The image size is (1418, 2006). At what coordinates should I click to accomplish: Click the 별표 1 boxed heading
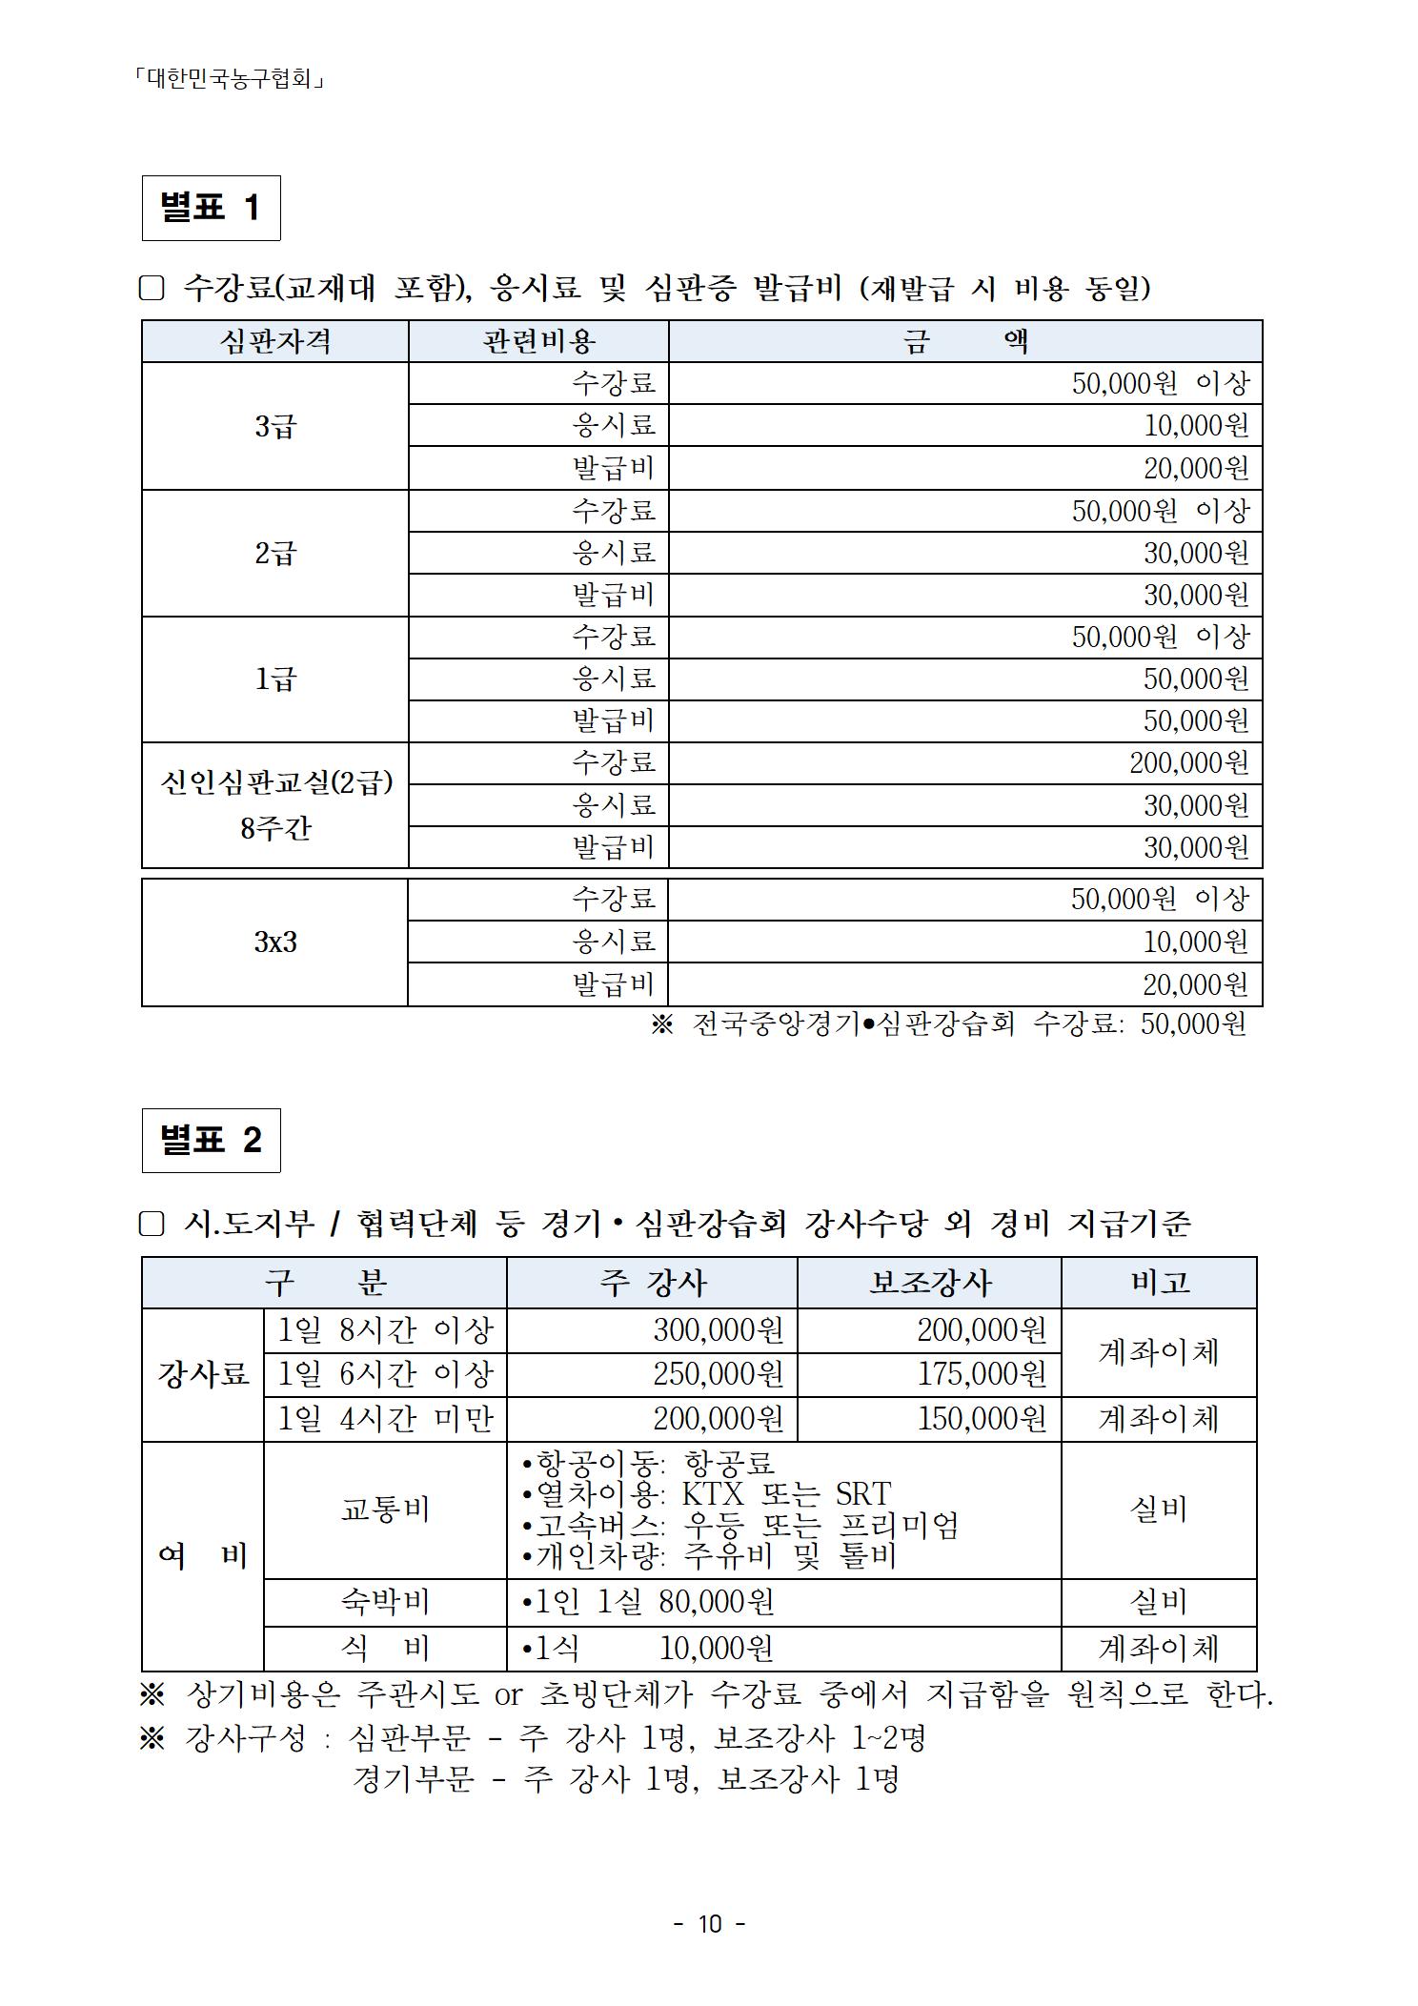tap(211, 208)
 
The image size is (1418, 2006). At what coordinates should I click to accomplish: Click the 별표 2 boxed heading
tap(211, 1140)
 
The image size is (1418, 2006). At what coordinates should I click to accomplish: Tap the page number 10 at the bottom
tap(710, 1924)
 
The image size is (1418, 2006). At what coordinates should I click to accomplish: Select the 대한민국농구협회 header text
tap(231, 78)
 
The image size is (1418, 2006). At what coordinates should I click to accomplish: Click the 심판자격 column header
tap(274, 341)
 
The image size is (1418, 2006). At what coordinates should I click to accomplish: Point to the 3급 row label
tap(274, 426)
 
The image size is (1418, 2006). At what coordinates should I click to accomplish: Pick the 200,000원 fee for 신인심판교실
tap(1188, 763)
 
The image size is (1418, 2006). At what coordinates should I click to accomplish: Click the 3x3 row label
tap(274, 942)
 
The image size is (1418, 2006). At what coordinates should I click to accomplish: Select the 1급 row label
tap(274, 679)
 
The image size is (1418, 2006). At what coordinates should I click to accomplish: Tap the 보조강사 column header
tap(929, 1283)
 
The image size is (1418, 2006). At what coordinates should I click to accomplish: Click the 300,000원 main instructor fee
tap(718, 1330)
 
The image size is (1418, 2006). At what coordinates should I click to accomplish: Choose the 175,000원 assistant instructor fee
tap(982, 1374)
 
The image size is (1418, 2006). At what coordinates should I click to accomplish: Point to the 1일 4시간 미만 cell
tap(385, 1419)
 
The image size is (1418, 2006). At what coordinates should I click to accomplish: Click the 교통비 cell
tap(385, 1510)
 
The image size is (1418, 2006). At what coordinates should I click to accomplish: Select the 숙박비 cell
tap(385, 1602)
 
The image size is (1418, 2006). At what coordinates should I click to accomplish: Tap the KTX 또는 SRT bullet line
tap(707, 1493)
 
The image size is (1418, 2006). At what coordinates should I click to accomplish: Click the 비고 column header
tap(1159, 1283)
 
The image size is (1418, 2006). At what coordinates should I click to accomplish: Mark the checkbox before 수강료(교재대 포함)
tap(152, 288)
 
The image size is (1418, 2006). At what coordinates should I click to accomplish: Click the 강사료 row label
tap(203, 1374)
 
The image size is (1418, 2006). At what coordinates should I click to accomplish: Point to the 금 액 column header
tap(965, 341)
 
